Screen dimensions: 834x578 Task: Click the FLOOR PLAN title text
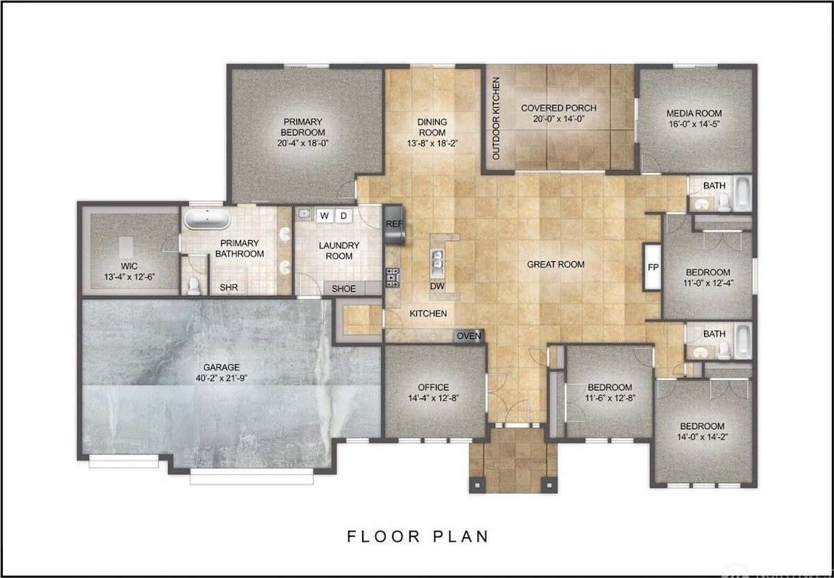pyautogui.click(x=418, y=537)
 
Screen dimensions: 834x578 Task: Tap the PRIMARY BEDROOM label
pyautogui.click(x=303, y=127)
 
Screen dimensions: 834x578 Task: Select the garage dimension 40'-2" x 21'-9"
pyautogui.click(x=222, y=378)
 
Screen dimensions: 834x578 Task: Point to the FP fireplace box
pyautogui.click(x=653, y=267)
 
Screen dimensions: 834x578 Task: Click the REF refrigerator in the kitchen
pyautogui.click(x=394, y=224)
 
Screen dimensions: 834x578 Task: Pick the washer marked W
pyautogui.click(x=325, y=216)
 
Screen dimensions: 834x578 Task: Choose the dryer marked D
pyautogui.click(x=343, y=216)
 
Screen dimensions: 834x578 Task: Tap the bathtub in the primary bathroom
pyautogui.click(x=207, y=219)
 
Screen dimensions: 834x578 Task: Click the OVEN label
pyautogui.click(x=468, y=336)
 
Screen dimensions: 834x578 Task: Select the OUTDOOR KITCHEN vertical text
pyautogui.click(x=496, y=119)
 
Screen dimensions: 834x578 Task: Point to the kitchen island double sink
pyautogui.click(x=437, y=264)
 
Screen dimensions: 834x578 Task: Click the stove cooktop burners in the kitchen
pyautogui.click(x=393, y=278)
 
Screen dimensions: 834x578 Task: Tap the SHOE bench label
pyautogui.click(x=343, y=289)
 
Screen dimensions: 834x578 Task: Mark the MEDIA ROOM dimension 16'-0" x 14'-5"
pyautogui.click(x=694, y=124)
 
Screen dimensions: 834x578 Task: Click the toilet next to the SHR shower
pyautogui.click(x=194, y=286)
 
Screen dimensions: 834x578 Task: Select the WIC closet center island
pyautogui.click(x=126, y=247)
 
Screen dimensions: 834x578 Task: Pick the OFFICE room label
pyautogui.click(x=434, y=387)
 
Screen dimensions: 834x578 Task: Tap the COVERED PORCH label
pyautogui.click(x=559, y=108)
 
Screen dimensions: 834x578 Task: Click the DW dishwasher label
pyautogui.click(x=437, y=286)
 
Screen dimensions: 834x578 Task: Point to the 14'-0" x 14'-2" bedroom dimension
pyautogui.click(x=702, y=436)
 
